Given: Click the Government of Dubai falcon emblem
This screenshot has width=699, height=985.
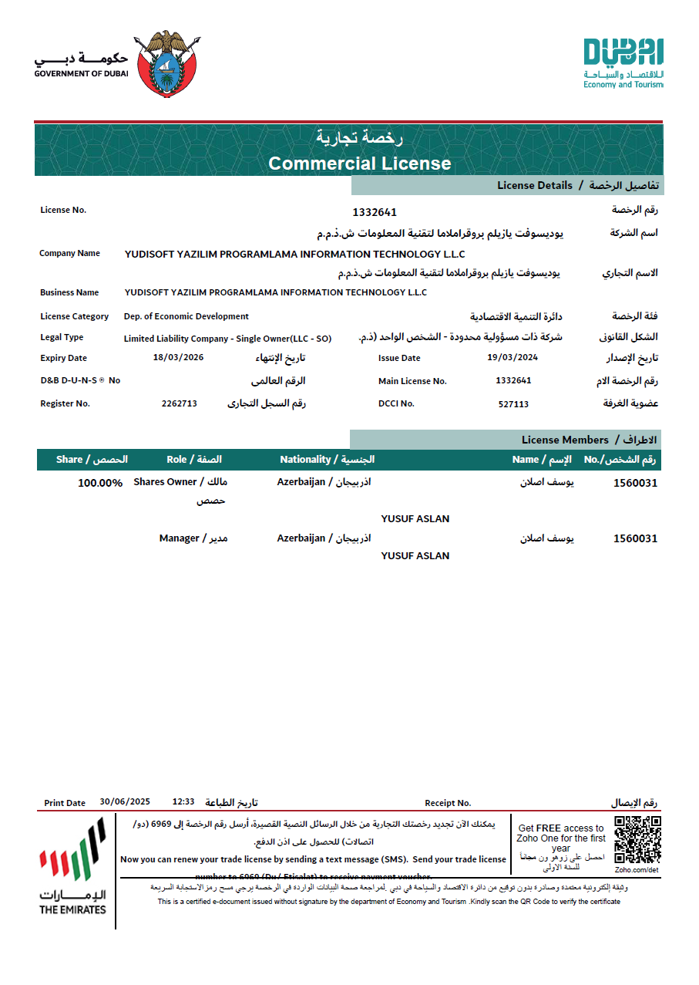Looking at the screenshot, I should pos(166,65).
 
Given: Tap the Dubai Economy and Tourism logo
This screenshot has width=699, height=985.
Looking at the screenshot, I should pos(623,62).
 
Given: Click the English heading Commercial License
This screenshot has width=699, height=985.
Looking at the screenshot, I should pos(359,164).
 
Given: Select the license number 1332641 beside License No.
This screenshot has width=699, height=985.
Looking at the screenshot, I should pos(375,212).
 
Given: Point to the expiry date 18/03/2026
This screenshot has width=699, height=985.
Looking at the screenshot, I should pos(179,357).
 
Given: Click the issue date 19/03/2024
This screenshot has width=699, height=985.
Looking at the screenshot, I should pos(512,357).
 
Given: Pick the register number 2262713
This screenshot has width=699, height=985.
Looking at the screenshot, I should pos(180,403).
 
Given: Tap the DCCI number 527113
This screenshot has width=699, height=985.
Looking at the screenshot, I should pos(513,403).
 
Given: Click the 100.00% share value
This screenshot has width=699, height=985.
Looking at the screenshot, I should pos(100,483).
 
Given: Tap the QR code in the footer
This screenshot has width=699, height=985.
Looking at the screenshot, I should pos(637,839).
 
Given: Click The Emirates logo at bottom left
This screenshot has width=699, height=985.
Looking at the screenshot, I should pos(72,868).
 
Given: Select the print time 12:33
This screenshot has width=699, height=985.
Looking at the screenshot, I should pos(183,802).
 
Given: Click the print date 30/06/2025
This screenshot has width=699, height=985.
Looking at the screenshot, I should pos(125,802).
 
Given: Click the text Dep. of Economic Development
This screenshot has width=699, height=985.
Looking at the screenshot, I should pos(187,316).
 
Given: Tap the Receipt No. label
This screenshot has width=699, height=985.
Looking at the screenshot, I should pos(448,803).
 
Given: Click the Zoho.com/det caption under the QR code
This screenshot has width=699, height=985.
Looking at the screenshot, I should pos(637,869).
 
